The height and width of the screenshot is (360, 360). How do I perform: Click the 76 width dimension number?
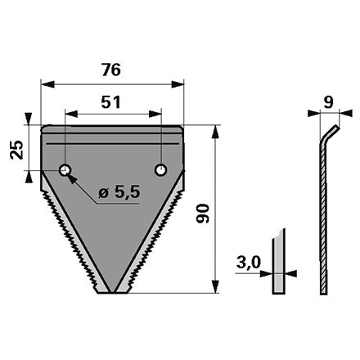coord(111,70)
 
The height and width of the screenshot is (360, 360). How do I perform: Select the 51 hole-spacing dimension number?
coord(110,102)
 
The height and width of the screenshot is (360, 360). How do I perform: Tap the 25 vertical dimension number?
coord(16,150)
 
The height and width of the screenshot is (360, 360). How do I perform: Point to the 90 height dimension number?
coord(203,214)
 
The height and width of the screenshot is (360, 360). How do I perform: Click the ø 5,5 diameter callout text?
coord(119,192)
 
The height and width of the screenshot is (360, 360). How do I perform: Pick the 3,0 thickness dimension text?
coord(249,263)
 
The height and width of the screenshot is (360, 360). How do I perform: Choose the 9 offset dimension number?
coord(329,102)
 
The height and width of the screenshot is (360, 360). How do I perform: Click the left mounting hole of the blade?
coord(65,170)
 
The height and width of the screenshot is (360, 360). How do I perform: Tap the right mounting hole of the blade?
coord(161,170)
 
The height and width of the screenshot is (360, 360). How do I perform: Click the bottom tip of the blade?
coord(112,293)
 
